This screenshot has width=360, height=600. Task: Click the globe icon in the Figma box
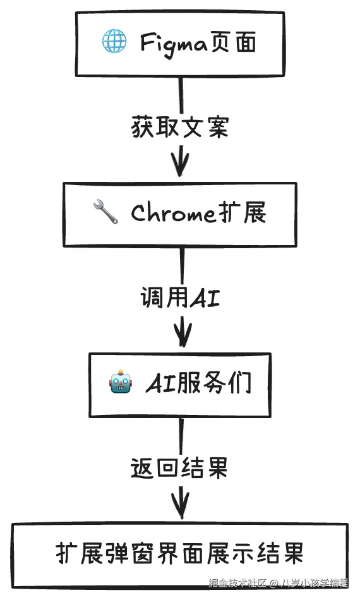point(114,42)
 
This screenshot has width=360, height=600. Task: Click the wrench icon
point(105,213)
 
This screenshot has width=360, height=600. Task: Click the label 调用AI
point(181,297)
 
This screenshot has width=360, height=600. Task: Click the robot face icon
point(121,383)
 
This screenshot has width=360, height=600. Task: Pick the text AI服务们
point(198,383)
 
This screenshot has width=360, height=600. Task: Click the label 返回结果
point(179,468)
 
